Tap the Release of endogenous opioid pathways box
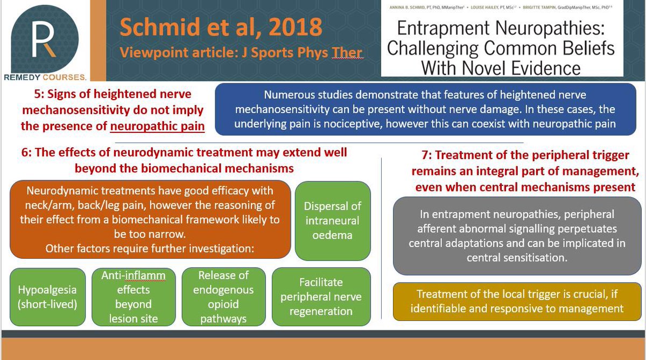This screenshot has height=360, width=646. tap(223, 297)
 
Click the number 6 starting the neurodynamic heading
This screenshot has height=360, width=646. tap(38, 153)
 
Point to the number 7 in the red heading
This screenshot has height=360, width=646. tap(425, 156)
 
